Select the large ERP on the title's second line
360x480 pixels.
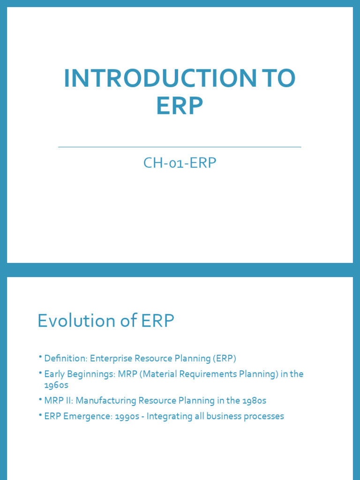(x=180, y=106)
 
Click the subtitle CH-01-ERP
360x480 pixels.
(x=180, y=163)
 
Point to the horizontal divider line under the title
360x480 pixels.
(x=180, y=147)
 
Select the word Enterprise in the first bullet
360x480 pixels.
(x=111, y=359)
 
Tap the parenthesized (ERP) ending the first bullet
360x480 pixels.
(x=224, y=359)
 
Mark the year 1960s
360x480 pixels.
(x=56, y=385)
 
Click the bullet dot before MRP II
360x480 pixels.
(x=41, y=400)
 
